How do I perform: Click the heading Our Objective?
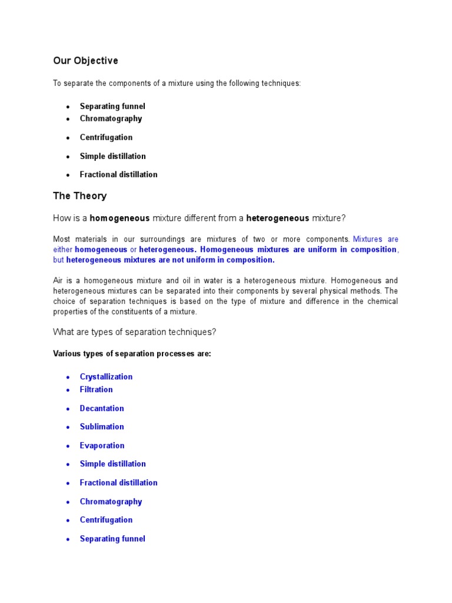85,61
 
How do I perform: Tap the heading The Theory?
80,196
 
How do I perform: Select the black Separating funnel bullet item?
112,106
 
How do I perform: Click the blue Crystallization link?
106,377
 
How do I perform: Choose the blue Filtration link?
96,389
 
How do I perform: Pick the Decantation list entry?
102,408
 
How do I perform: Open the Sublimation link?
102,426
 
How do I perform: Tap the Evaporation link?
102,445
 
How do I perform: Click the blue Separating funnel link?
112,538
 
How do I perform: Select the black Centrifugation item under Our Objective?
106,137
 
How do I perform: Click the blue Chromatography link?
111,501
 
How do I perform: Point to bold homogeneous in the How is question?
119,218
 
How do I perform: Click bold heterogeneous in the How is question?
277,218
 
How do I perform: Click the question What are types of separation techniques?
135,332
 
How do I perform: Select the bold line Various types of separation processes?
132,354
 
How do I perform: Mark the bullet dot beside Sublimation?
68,427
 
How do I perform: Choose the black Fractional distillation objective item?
118,174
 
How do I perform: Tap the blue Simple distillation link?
112,463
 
